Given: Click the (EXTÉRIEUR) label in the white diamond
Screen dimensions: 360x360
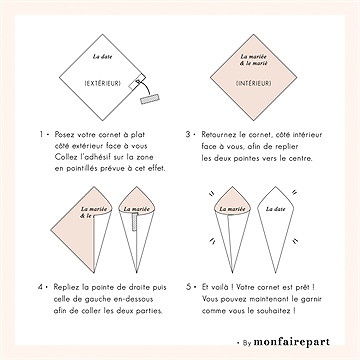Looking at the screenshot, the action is point(103,84).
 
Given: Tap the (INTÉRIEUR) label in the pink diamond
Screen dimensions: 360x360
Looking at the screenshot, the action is point(253,84).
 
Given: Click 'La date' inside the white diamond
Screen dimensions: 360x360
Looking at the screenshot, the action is point(102,57).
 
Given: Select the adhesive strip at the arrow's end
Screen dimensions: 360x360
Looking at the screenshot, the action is point(150,99).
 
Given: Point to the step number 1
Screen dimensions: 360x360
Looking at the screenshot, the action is point(41,135).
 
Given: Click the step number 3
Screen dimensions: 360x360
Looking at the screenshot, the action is point(188,135).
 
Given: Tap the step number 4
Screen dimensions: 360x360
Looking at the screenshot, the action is point(40,287).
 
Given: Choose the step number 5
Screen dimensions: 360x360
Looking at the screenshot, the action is point(189,287).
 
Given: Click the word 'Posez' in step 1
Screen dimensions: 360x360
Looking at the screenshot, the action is point(64,135).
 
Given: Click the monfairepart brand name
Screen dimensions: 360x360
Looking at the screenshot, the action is point(292,342).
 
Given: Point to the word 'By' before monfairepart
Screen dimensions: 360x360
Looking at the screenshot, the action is point(247,343).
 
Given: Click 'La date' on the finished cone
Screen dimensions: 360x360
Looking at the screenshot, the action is point(275,209).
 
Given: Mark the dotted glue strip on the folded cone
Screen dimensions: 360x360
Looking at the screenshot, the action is point(135,222).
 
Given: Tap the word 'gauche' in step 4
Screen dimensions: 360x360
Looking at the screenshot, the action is point(102,299).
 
